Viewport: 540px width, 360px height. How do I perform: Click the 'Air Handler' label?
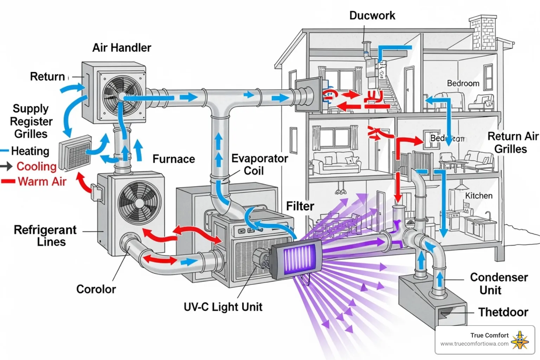pyautogui.click(x=122, y=48)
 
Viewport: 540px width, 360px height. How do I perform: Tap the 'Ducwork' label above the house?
pyautogui.click(x=372, y=15)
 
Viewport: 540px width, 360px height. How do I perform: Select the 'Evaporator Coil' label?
pyautogui.click(x=259, y=165)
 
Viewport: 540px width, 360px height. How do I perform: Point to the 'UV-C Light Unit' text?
pyautogui.click(x=223, y=307)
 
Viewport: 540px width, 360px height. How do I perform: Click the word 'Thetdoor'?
pyautogui.click(x=503, y=312)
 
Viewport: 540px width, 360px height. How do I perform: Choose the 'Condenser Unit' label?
pyautogui.click(x=499, y=284)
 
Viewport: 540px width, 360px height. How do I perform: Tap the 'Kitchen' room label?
pyautogui.click(x=478, y=196)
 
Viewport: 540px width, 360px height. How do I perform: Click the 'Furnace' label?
pyautogui.click(x=174, y=159)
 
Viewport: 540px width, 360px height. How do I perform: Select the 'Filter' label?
pyautogui.click(x=300, y=206)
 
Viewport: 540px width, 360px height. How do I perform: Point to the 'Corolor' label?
pyautogui.click(x=96, y=289)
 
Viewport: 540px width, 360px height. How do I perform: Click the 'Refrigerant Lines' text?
pyautogui.click(x=46, y=236)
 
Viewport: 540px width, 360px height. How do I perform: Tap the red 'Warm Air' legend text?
pyautogui.click(x=42, y=182)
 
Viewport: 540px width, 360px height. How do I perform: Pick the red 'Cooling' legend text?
pyautogui.click(x=37, y=166)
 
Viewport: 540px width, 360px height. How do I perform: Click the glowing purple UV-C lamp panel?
pyautogui.click(x=297, y=259)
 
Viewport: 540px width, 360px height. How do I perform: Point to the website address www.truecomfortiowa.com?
pyautogui.click(x=474, y=344)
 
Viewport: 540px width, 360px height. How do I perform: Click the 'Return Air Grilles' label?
pyautogui.click(x=512, y=142)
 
